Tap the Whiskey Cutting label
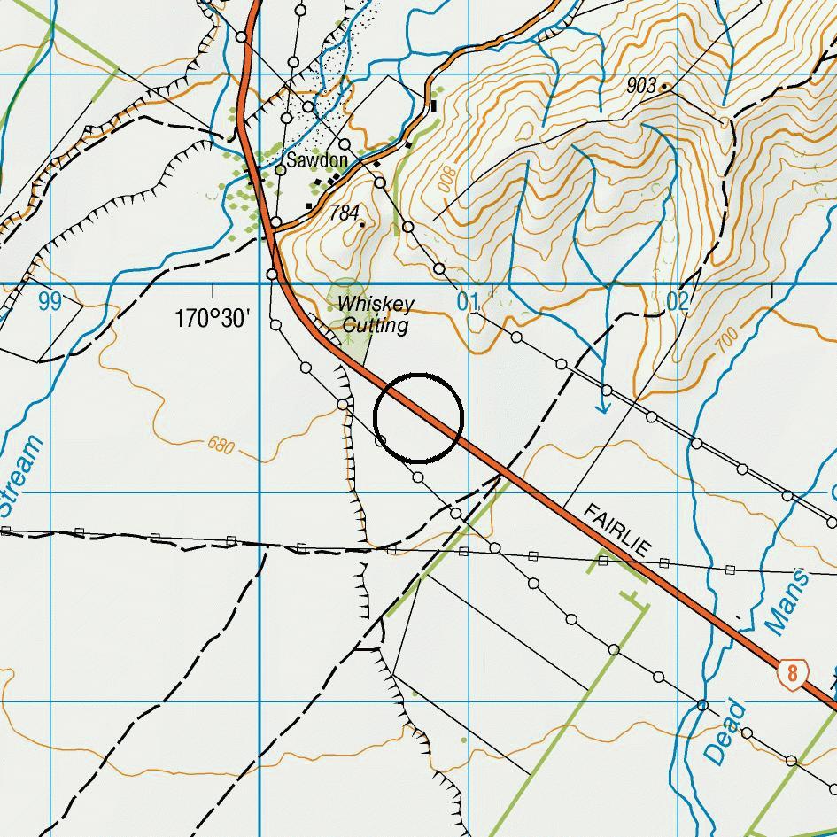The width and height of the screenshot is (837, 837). pos(376,314)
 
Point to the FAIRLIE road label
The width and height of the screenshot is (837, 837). pos(618,531)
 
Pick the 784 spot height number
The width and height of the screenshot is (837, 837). pos(344,213)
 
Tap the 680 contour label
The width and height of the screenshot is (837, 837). pos(221,446)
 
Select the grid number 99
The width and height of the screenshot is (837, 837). pos(50,302)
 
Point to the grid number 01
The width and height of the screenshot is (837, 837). pos(468,302)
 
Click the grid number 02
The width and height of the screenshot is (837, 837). pos(677,302)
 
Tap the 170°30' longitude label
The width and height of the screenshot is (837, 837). pos(213,318)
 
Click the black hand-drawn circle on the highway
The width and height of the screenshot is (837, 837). pos(419,417)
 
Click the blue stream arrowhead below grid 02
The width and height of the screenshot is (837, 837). pos(604,407)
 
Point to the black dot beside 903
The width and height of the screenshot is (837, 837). pos(664,87)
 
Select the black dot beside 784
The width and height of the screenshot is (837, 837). pos(362,224)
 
